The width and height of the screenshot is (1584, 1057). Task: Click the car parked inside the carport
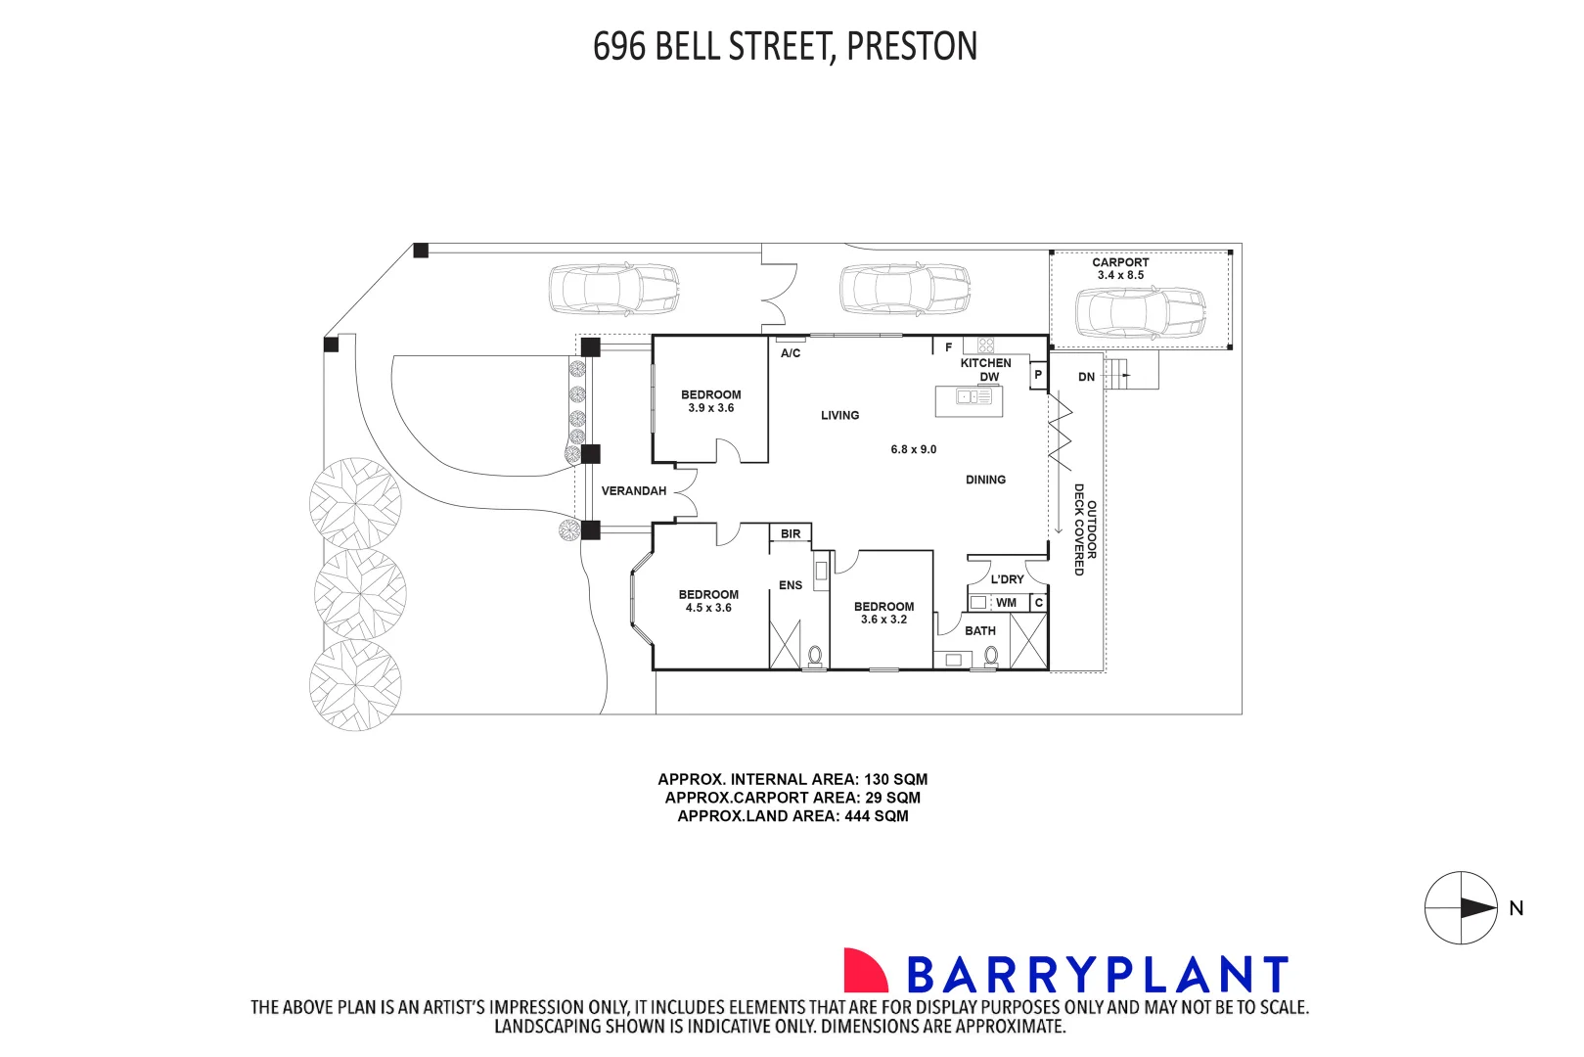coord(1140,313)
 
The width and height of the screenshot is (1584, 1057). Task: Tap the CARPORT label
coord(1120,262)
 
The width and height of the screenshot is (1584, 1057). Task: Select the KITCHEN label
coord(985,363)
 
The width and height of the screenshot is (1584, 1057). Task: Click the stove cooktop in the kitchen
coord(986,345)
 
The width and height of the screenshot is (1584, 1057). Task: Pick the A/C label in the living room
coord(791,353)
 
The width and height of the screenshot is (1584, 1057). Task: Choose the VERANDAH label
coord(633,491)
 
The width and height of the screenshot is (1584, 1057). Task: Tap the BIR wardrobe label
coord(791,534)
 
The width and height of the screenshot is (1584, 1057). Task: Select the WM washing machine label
coord(1006,603)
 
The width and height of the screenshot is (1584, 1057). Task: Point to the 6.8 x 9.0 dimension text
coord(913,450)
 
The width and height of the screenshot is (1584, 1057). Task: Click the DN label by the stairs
coord(1086,377)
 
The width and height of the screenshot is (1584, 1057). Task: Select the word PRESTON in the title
coord(911,47)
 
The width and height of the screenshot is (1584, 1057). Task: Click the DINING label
coord(985,481)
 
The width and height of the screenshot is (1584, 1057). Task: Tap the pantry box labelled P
coord(1038,375)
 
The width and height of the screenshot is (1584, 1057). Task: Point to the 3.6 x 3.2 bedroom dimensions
coord(883,620)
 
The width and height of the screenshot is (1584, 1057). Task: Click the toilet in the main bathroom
coord(990,657)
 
